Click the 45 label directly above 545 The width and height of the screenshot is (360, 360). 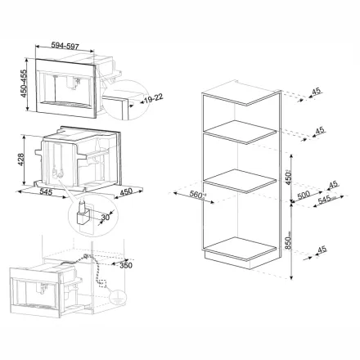[331, 185]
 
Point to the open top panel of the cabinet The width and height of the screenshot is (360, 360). [239, 95]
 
